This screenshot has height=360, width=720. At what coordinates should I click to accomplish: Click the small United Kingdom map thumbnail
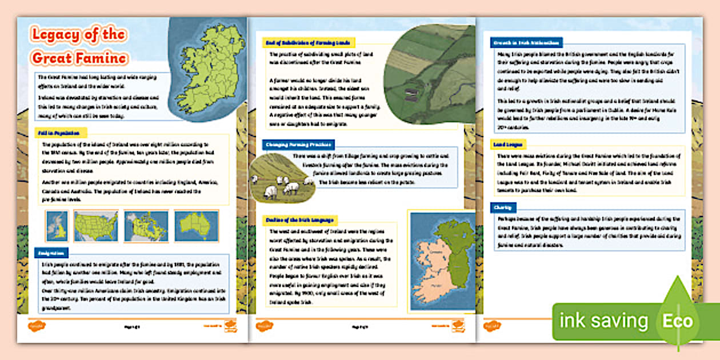pyautogui.click(x=57, y=226)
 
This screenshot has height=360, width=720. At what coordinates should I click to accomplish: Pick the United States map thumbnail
pyautogui.click(x=95, y=226)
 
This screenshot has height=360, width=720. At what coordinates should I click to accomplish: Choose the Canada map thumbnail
pyautogui.click(x=146, y=226)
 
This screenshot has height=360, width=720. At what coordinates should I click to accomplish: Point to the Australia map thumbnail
pyautogui.click(x=196, y=226)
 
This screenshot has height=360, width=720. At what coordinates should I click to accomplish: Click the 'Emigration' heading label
pyautogui.click(x=51, y=252)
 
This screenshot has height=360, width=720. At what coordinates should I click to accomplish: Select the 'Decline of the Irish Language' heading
pyautogui.click(x=301, y=219)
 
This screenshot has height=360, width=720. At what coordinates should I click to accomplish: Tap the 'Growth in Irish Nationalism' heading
pyautogui.click(x=526, y=42)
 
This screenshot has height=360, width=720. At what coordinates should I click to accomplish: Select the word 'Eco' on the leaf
pyautogui.click(x=678, y=321)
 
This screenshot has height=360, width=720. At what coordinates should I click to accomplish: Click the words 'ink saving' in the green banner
pyautogui.click(x=603, y=321)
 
